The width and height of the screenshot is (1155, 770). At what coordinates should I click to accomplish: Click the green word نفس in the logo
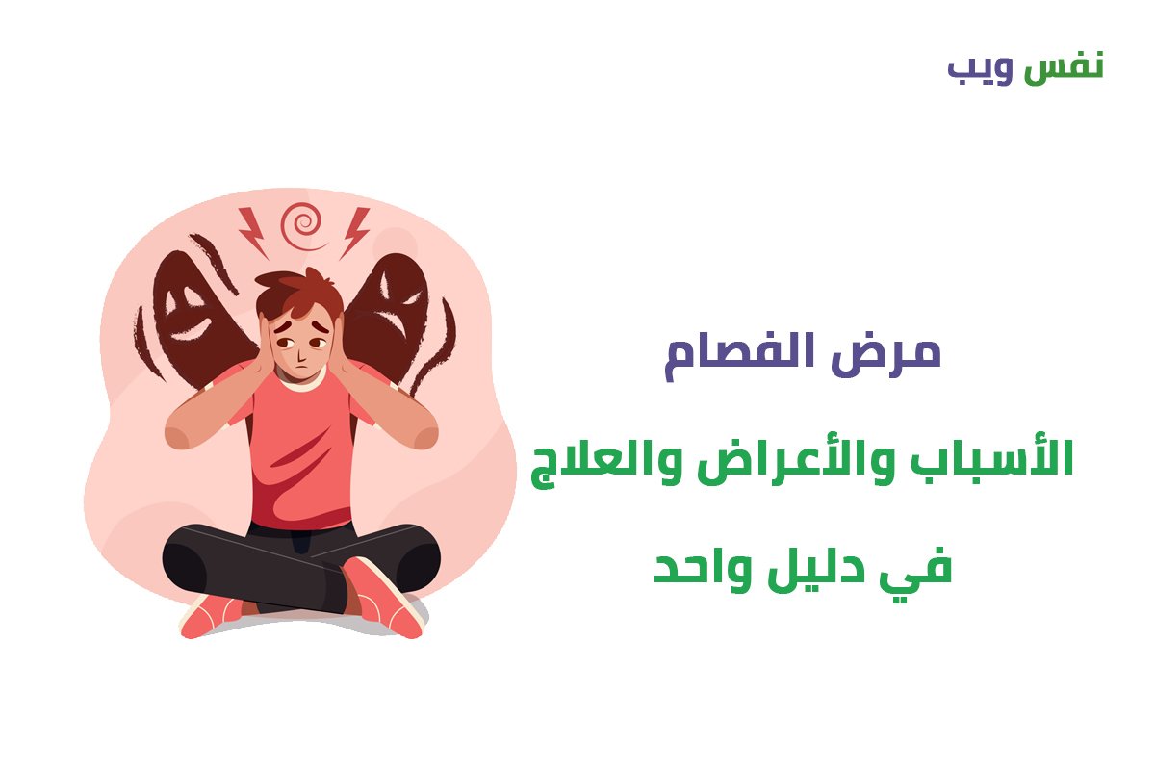point(1064,67)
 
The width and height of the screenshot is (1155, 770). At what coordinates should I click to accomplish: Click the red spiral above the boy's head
point(303,226)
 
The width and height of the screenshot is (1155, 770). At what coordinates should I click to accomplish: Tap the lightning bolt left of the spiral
point(253,233)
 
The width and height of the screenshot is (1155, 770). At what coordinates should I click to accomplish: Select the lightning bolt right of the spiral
point(355,233)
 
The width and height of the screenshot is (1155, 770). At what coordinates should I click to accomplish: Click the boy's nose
point(300,353)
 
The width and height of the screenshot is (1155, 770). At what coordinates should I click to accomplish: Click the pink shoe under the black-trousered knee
point(212,615)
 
